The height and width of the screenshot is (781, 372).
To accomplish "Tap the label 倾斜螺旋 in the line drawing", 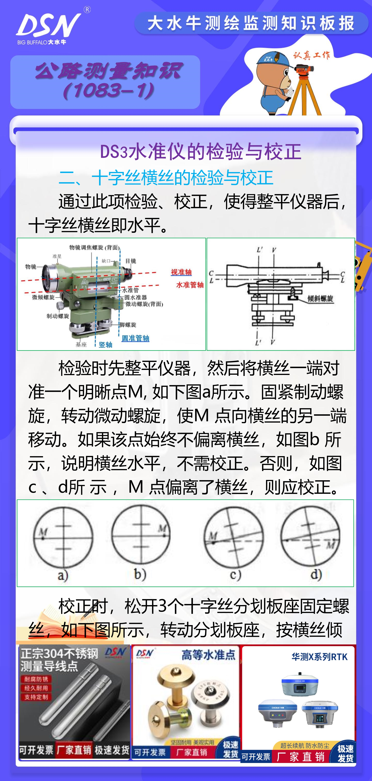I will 320,299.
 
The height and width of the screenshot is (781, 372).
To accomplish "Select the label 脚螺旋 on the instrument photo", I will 128,325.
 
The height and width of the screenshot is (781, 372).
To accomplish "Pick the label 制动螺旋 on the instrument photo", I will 58,316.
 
